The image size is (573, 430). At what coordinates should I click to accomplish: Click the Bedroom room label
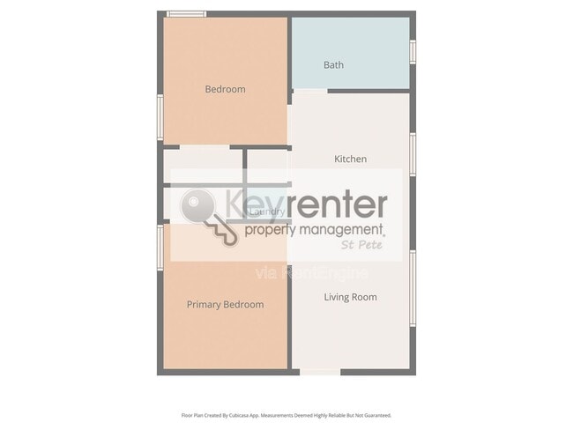tap(225, 89)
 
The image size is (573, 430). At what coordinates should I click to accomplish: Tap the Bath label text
tap(333, 64)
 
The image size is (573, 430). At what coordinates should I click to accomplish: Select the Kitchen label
tap(350, 159)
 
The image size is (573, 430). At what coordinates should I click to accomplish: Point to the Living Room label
tap(350, 297)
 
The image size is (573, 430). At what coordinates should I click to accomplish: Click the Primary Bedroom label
tap(225, 305)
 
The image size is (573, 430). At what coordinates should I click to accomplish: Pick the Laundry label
tap(266, 211)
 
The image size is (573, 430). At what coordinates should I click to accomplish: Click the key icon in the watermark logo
tap(208, 217)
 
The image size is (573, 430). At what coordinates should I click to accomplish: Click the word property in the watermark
tap(274, 231)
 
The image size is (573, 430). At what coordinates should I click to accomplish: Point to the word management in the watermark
tap(349, 230)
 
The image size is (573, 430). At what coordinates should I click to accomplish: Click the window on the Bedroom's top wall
tap(187, 14)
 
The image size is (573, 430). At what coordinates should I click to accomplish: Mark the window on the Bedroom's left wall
tap(160, 115)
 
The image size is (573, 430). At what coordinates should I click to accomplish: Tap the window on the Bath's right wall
tap(413, 51)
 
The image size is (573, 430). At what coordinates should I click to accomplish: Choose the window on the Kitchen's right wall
tap(413, 154)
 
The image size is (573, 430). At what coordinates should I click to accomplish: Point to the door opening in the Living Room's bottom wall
tap(319, 372)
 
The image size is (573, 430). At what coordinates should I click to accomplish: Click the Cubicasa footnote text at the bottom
tap(286, 415)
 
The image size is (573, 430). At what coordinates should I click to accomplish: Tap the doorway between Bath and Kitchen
tap(309, 90)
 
